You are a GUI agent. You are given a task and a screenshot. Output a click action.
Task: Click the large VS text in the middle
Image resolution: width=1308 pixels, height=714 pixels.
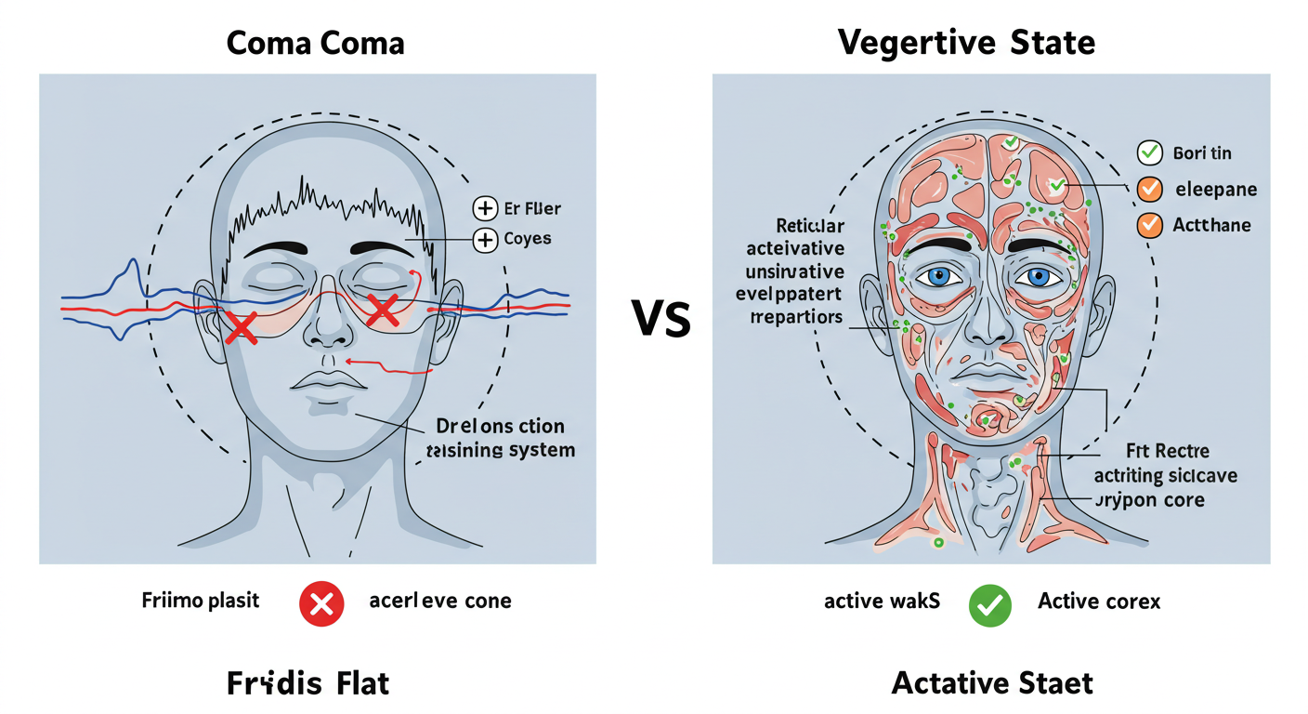point(661,319)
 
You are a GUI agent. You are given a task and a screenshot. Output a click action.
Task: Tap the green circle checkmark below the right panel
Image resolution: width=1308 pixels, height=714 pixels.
point(990,605)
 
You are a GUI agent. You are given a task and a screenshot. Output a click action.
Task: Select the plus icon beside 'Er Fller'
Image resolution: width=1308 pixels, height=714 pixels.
point(485,208)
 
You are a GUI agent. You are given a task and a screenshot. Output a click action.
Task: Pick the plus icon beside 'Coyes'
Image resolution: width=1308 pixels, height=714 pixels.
point(485,240)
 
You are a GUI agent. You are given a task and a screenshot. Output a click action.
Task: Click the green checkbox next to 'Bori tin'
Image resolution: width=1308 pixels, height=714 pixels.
point(1150,153)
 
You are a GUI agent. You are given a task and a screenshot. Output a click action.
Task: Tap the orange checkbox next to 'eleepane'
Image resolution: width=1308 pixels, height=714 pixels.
point(1150,190)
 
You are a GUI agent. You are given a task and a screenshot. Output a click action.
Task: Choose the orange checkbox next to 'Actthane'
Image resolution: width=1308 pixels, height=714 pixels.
point(1150,225)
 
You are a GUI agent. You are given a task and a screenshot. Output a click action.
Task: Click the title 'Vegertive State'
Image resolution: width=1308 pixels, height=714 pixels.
point(966,43)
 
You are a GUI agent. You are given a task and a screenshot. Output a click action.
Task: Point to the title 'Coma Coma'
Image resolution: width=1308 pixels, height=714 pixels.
point(317,43)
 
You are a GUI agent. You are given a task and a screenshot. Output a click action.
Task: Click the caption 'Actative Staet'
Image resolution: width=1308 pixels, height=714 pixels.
point(992,683)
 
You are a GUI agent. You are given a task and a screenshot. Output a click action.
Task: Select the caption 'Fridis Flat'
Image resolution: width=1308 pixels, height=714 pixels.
point(308,684)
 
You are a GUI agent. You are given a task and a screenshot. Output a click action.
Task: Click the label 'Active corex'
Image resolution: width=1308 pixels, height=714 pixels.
point(1099,602)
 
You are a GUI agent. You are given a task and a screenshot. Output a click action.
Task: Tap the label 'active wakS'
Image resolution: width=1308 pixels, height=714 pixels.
point(882,602)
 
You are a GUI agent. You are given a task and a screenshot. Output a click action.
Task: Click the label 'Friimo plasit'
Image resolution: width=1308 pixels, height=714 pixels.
point(201,600)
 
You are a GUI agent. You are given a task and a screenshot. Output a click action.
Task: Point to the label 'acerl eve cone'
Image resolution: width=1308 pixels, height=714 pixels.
point(440,601)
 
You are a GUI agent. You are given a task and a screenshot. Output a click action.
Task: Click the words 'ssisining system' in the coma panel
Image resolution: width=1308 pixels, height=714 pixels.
point(501,451)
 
